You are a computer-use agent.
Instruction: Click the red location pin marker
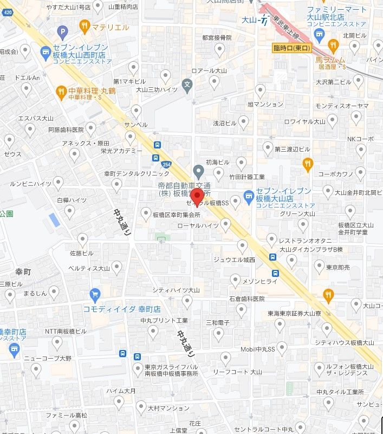[x=198, y=196]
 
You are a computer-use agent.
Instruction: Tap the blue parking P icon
[x=62, y=32]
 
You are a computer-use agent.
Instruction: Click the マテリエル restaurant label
[x=110, y=27]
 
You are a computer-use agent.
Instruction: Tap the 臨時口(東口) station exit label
[x=291, y=48]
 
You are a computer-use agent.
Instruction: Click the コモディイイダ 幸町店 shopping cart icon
[x=95, y=294]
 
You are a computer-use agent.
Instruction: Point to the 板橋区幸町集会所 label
[x=176, y=215]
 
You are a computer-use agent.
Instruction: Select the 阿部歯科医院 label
[x=66, y=130]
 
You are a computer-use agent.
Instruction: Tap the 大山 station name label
[x=248, y=21]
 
